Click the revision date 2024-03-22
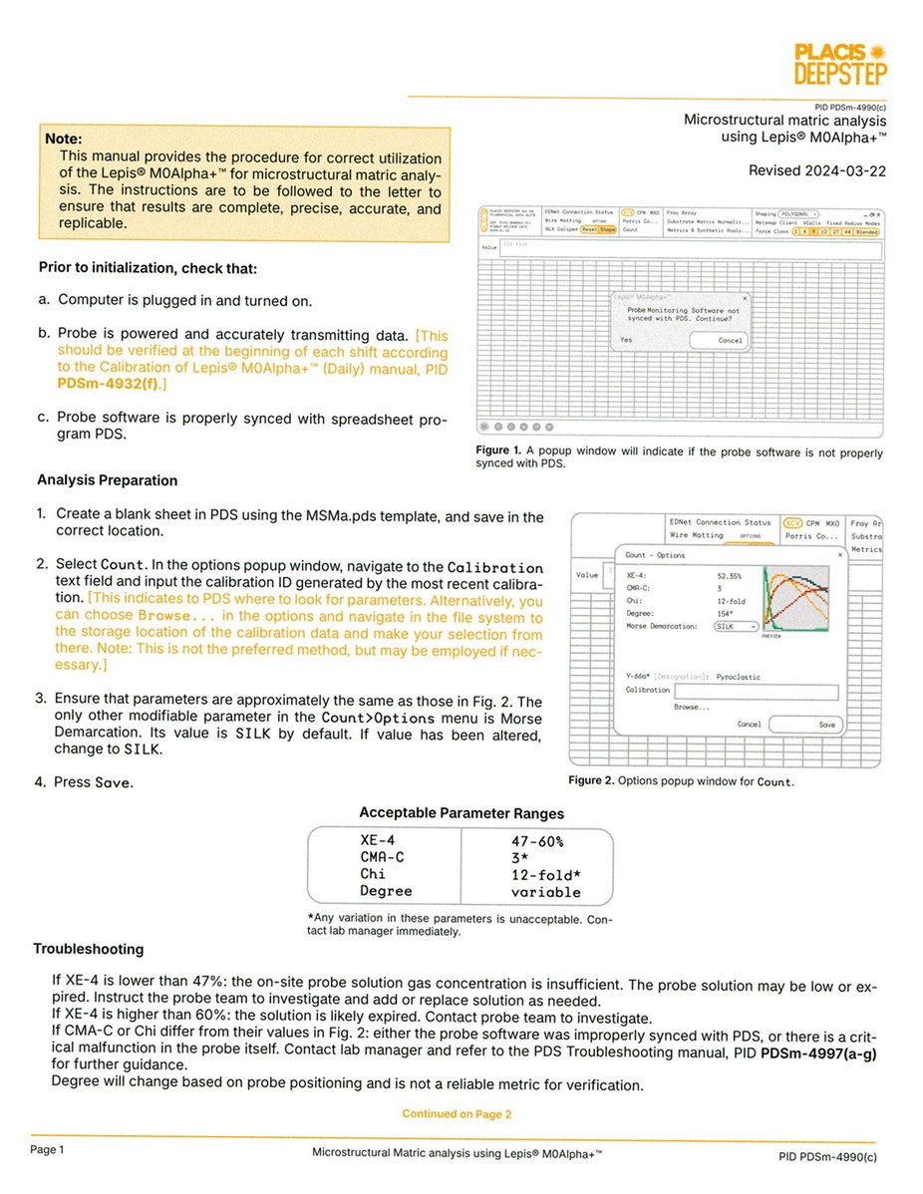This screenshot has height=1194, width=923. pos(817,170)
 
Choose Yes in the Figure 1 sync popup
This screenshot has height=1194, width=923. pos(626,340)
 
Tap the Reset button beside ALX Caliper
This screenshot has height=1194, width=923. pos(589,229)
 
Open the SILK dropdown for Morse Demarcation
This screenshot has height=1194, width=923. pos(737,627)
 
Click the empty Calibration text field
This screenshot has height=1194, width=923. pos(756,691)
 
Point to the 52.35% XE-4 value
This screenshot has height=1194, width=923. pos(730,576)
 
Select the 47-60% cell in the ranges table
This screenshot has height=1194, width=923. pos(536,841)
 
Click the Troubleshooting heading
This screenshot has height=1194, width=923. pos(89,949)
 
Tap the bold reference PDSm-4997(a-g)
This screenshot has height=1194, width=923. pos(818,1052)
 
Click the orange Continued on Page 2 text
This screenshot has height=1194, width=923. pos(457,1114)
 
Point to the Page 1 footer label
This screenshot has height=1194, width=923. pos(47,1150)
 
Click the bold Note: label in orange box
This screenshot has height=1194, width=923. pos(64,139)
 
